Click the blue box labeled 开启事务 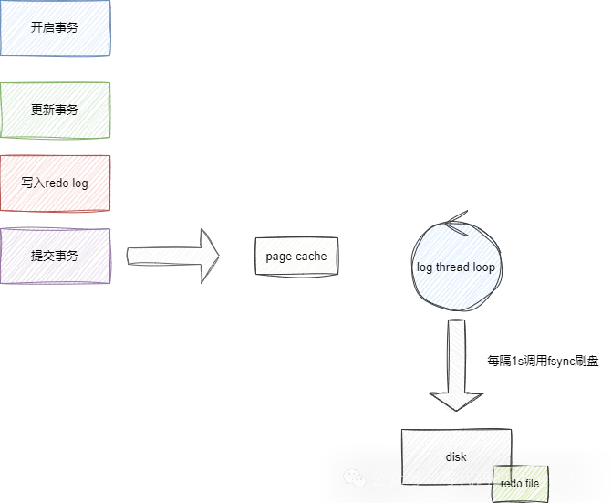[56, 28]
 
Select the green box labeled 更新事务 [56, 110]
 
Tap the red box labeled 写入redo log [56, 183]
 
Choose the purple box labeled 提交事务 [56, 256]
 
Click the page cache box [296, 257]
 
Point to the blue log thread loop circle [455, 266]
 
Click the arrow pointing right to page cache [173, 257]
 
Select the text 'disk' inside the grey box [456, 456]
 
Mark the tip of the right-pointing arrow [223, 257]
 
